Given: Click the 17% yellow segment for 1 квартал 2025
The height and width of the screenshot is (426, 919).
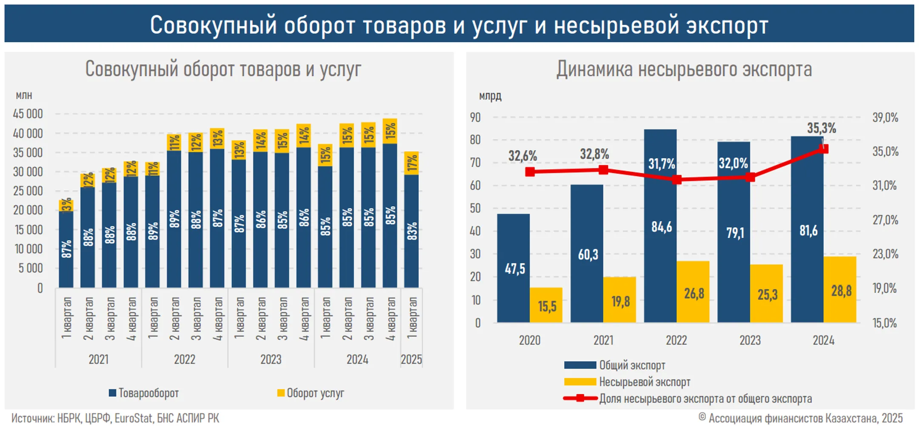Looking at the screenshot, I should (x=411, y=163).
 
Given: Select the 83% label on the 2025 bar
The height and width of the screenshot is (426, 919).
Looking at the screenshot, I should (x=412, y=231).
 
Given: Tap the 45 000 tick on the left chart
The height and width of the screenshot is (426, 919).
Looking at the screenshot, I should (x=28, y=114).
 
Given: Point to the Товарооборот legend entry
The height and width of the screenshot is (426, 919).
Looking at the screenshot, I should (x=145, y=393).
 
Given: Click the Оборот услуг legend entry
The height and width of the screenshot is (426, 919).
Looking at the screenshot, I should (x=311, y=393).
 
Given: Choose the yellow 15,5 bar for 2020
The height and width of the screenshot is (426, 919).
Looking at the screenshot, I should (x=546, y=305).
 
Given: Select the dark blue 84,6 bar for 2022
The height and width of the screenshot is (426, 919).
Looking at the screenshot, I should (x=660, y=226).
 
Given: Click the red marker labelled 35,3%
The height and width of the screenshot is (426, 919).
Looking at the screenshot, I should (x=824, y=149).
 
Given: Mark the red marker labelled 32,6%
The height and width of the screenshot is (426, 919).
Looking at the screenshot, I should (x=530, y=172).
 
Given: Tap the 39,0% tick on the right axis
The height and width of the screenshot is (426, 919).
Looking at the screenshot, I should (x=885, y=117).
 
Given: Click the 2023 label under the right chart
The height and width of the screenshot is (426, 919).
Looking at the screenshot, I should (x=750, y=340).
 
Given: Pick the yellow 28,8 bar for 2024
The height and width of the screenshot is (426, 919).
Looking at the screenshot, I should (x=840, y=289).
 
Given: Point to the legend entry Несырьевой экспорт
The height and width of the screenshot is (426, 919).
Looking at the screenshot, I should (x=628, y=382).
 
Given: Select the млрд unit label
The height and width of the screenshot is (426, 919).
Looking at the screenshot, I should (x=490, y=96).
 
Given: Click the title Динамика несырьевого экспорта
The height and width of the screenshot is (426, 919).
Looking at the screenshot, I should (x=684, y=69).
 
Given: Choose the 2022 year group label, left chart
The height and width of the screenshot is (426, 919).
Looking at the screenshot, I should (x=185, y=360).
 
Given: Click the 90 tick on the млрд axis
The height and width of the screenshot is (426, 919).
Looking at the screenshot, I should (x=475, y=117).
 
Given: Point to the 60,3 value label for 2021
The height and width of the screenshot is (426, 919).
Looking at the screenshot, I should (x=588, y=254).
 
